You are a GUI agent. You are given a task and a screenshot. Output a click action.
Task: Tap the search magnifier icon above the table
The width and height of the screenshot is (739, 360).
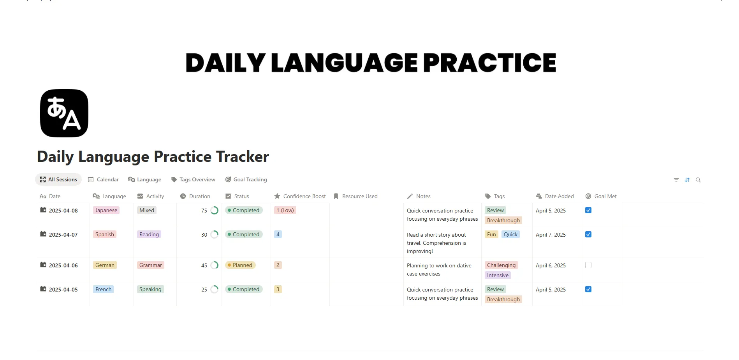698,180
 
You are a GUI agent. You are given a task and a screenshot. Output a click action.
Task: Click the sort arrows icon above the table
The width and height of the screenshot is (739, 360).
687,180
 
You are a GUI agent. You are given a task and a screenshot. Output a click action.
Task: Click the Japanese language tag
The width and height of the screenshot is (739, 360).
106,210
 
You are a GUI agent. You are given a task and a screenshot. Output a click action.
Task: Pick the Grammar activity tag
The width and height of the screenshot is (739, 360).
150,265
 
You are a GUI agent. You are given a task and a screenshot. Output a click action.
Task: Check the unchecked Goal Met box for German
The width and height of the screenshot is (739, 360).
588,265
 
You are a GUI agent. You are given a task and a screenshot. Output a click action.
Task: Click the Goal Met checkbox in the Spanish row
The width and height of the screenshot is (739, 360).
588,234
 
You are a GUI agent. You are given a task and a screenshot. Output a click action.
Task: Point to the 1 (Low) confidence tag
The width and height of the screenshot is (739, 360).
285,210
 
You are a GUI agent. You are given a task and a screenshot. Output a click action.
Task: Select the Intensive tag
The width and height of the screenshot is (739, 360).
498,275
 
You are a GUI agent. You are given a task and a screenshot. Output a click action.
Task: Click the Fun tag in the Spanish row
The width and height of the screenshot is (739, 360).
491,234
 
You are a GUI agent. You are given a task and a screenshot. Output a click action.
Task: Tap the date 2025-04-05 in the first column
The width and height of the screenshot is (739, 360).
63,290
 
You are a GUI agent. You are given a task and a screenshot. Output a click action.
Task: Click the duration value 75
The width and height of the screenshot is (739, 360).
204,211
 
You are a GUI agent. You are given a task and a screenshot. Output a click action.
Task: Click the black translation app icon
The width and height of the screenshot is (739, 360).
64,113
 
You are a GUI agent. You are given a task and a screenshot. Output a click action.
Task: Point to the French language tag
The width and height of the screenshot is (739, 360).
103,289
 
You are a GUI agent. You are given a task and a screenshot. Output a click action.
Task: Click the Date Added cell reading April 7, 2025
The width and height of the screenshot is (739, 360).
551,235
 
